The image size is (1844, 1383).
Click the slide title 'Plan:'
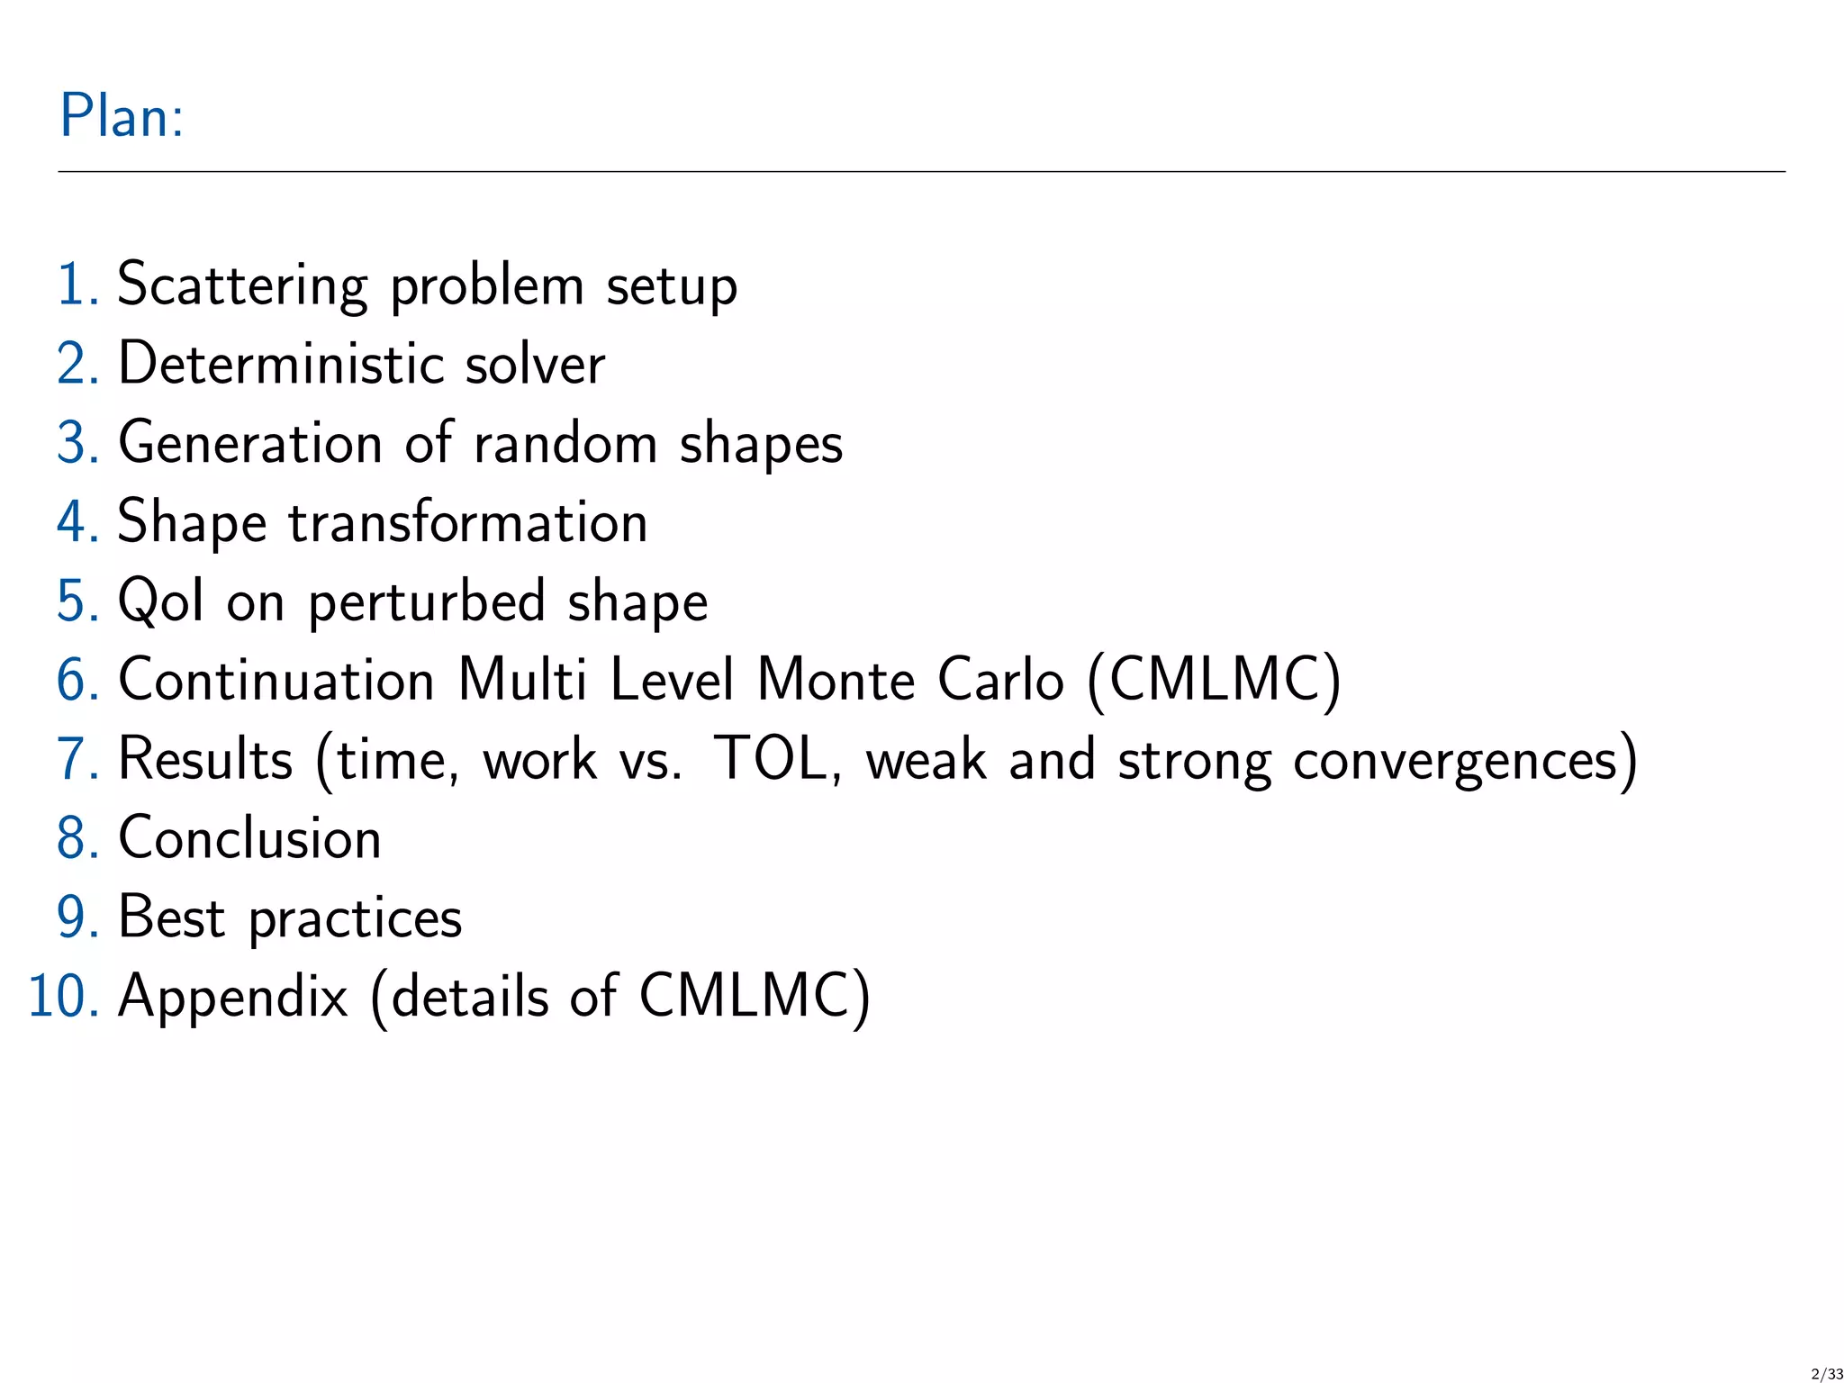[122, 116]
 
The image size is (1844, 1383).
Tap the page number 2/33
[1826, 1373]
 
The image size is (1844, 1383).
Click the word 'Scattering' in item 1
[242, 285]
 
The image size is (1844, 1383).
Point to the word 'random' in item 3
[565, 444]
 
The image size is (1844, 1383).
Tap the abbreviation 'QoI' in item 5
[161, 601]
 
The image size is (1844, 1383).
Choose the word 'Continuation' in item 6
[277, 680]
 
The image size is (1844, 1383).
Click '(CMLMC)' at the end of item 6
[1214, 680]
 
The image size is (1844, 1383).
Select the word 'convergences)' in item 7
[1465, 761]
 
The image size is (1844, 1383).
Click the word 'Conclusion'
[250, 838]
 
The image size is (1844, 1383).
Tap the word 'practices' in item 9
[355, 919]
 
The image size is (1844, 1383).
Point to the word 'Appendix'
[233, 998]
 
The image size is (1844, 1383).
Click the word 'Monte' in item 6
[836, 680]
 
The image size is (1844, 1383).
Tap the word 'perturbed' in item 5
[427, 602]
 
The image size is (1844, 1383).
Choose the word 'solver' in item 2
[535, 365]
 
